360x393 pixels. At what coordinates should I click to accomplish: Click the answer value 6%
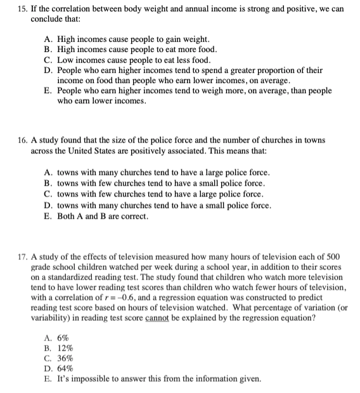point(63,338)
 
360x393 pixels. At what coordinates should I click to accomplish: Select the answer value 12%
point(65,348)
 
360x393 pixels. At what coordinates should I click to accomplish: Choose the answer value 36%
point(65,358)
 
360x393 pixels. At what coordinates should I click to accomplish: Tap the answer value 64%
point(65,368)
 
